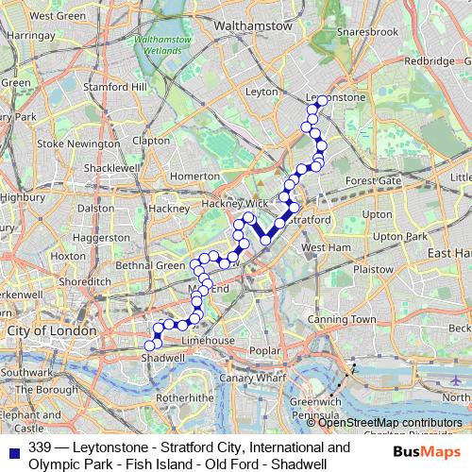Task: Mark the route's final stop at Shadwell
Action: [149, 345]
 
